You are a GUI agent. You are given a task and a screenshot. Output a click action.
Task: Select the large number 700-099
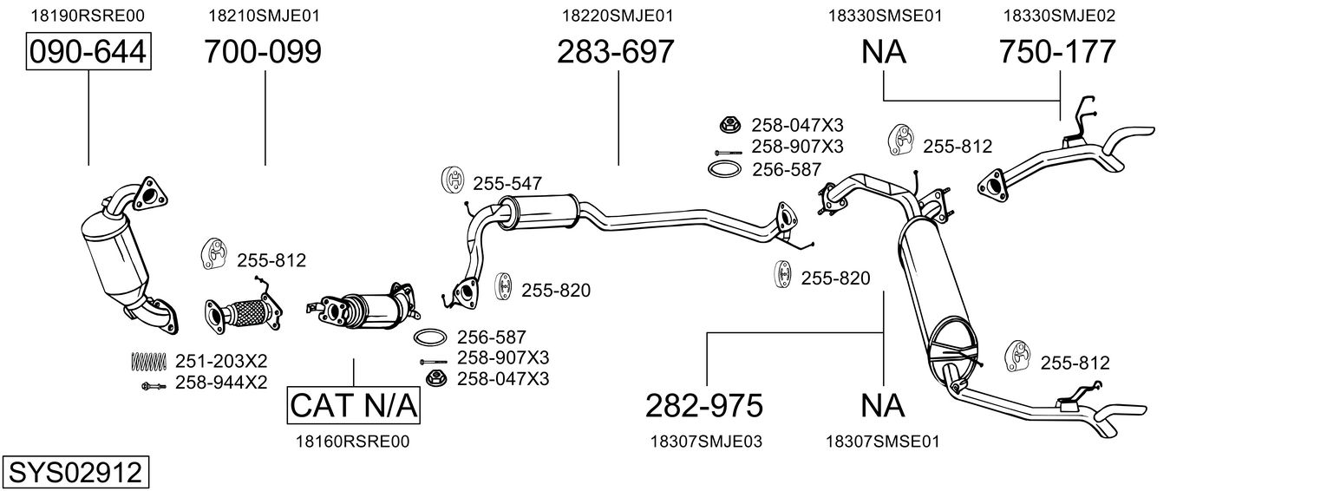pyautogui.click(x=263, y=52)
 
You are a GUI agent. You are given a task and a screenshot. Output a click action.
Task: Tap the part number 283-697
pyautogui.click(x=615, y=52)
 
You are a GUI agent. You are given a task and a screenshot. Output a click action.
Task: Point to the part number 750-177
pyautogui.click(x=1057, y=52)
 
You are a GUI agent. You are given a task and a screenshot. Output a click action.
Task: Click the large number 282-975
pyautogui.click(x=704, y=405)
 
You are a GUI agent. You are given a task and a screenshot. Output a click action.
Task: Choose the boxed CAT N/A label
pyautogui.click(x=354, y=405)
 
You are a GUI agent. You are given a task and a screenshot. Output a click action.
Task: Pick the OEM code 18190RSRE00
pyautogui.click(x=88, y=15)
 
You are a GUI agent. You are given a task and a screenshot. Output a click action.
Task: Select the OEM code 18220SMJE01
pyautogui.click(x=617, y=15)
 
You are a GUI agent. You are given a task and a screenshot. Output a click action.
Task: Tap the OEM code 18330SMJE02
pyautogui.click(x=1059, y=15)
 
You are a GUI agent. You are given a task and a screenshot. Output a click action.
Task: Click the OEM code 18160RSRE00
pyautogui.click(x=352, y=442)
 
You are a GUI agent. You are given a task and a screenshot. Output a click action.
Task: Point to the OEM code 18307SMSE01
pyautogui.click(x=883, y=442)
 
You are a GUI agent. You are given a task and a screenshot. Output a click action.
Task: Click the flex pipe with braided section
pyautogui.click(x=245, y=311)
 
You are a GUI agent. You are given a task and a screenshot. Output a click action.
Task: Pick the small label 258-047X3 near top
pyautogui.click(x=784, y=124)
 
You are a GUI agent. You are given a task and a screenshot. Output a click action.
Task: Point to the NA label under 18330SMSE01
pyautogui.click(x=883, y=52)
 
